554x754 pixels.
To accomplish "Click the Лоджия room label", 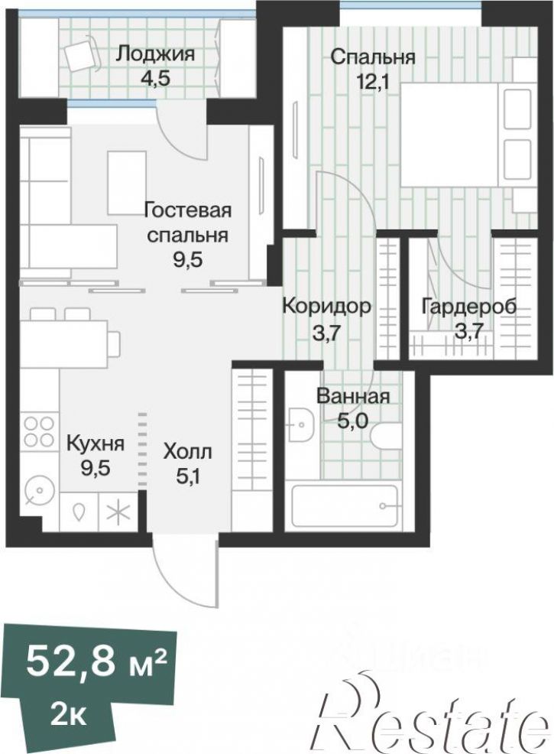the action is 156,54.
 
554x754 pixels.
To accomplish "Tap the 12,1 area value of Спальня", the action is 371,81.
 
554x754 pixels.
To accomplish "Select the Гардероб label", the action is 469,306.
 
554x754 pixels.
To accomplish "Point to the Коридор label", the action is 326,306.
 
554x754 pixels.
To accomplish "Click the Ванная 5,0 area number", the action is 353,421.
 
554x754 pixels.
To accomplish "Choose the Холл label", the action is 187,452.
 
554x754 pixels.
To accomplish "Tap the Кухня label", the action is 96,444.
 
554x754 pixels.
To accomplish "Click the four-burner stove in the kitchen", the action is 40,431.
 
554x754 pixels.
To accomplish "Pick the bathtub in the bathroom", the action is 345,506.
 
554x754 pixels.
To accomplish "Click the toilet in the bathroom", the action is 387,436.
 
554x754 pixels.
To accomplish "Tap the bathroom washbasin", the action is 301,424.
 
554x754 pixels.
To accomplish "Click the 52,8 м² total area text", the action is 96,662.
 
